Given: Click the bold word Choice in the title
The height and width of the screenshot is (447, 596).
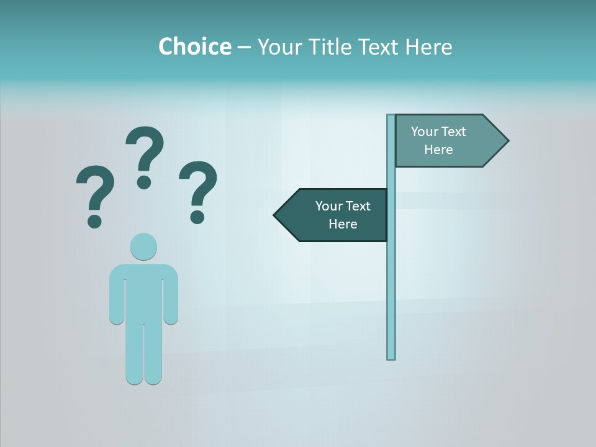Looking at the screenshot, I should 194,47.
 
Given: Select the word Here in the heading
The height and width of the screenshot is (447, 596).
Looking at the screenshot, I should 428,47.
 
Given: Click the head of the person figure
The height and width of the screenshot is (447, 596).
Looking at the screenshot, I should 143,246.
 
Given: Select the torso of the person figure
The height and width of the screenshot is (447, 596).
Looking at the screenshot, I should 143,292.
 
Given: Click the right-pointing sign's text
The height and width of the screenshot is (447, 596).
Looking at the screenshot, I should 438,140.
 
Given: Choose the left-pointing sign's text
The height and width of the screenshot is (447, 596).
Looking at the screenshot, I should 343,215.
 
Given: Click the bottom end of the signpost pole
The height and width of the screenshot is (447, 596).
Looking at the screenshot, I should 391,356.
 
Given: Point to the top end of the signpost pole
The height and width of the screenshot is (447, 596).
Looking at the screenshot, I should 391,117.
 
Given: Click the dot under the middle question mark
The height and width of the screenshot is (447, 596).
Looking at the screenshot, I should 144,182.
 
